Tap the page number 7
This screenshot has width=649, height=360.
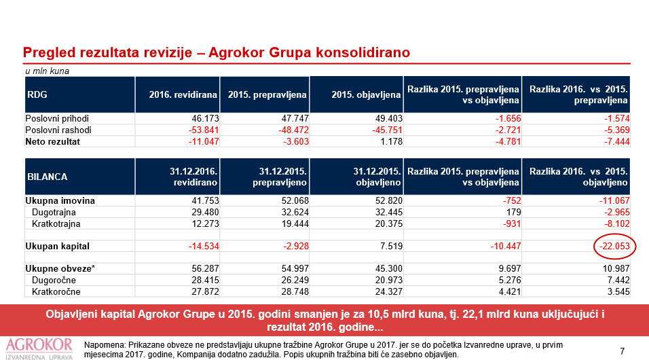point(622,350)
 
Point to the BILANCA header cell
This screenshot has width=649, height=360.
point(48,176)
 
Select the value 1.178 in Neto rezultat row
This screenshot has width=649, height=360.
point(389,141)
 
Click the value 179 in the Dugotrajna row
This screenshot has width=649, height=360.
point(512,212)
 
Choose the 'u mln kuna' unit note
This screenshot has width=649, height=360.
point(47,71)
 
